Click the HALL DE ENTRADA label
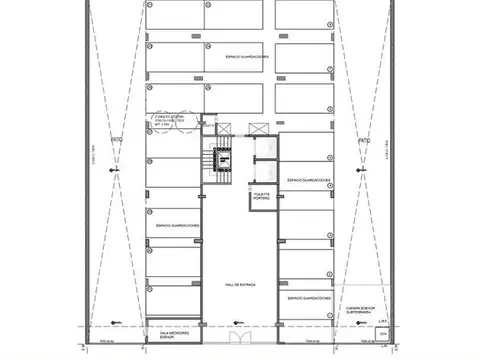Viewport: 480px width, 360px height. [240, 285]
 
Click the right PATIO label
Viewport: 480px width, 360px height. [364, 141]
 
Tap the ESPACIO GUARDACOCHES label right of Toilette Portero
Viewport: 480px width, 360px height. [308, 181]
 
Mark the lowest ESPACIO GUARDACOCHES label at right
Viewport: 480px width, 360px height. [308, 298]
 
